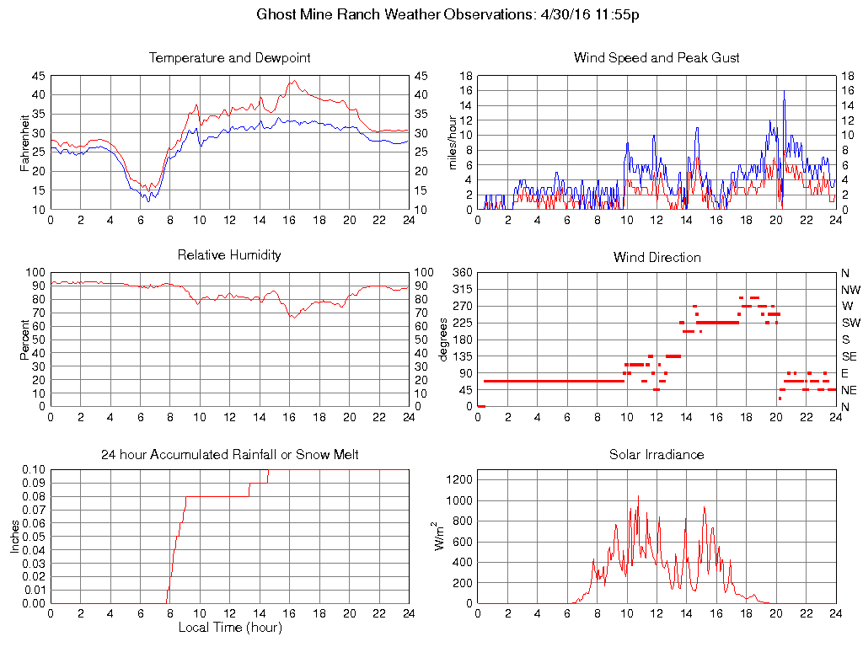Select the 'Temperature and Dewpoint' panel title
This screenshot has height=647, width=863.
(229, 58)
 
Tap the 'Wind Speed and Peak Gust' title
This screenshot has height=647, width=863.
(657, 58)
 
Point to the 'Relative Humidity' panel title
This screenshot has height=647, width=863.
(229, 254)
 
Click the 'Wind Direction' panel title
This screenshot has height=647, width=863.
(657, 257)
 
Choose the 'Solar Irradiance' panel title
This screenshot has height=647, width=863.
(657, 455)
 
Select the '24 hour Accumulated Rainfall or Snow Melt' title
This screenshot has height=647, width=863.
(229, 455)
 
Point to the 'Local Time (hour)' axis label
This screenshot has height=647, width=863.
(229, 628)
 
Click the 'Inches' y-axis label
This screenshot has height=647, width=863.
(15, 537)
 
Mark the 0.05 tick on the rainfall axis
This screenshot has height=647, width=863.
(34, 537)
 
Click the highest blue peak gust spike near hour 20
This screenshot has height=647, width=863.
(784, 91)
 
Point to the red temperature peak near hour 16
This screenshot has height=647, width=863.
(292, 81)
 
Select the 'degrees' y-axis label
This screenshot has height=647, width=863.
(443, 340)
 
